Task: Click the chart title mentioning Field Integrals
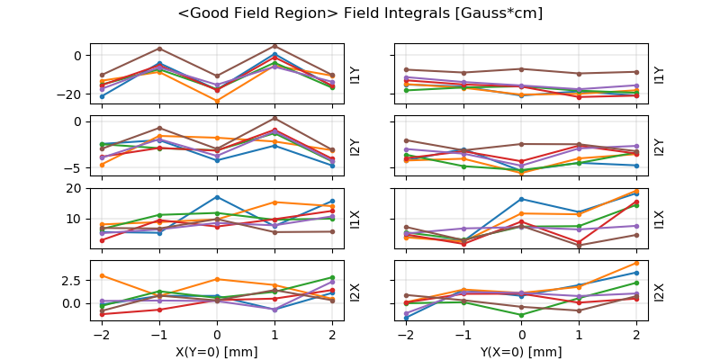coord(360,13)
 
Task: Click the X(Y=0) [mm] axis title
coord(217,351)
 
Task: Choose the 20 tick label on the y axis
coord(76,189)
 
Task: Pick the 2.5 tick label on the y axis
coord(72,281)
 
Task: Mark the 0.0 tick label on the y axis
coord(72,303)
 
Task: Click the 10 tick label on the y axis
coord(76,219)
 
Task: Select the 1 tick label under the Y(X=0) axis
coord(580,334)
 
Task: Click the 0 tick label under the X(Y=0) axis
coord(217,334)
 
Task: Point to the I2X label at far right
coord(660,292)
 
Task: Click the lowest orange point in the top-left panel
coord(217,101)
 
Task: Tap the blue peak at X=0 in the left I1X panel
coord(217,197)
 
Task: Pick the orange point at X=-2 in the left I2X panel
coord(102,275)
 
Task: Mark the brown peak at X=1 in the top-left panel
coord(274,46)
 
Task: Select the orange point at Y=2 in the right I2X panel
coord(637,263)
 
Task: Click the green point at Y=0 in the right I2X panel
coord(522,315)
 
